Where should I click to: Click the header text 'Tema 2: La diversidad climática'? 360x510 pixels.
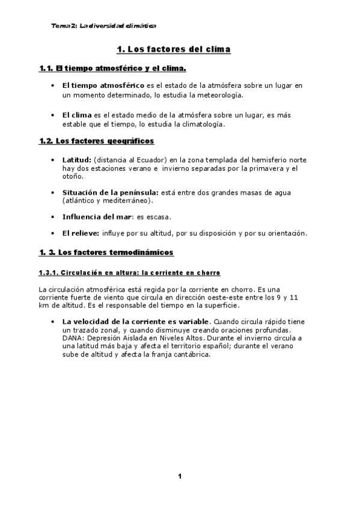click(104, 26)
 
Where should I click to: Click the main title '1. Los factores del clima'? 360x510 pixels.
click(173, 49)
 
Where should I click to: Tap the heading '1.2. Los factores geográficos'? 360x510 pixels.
click(96, 141)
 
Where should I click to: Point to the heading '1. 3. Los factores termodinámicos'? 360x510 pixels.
click(106, 251)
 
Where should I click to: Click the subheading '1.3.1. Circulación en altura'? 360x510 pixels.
click(129, 272)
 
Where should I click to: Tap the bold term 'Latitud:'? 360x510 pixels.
click(76, 160)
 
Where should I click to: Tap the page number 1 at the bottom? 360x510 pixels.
click(179, 477)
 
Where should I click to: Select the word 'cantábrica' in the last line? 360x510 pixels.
click(189, 355)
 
